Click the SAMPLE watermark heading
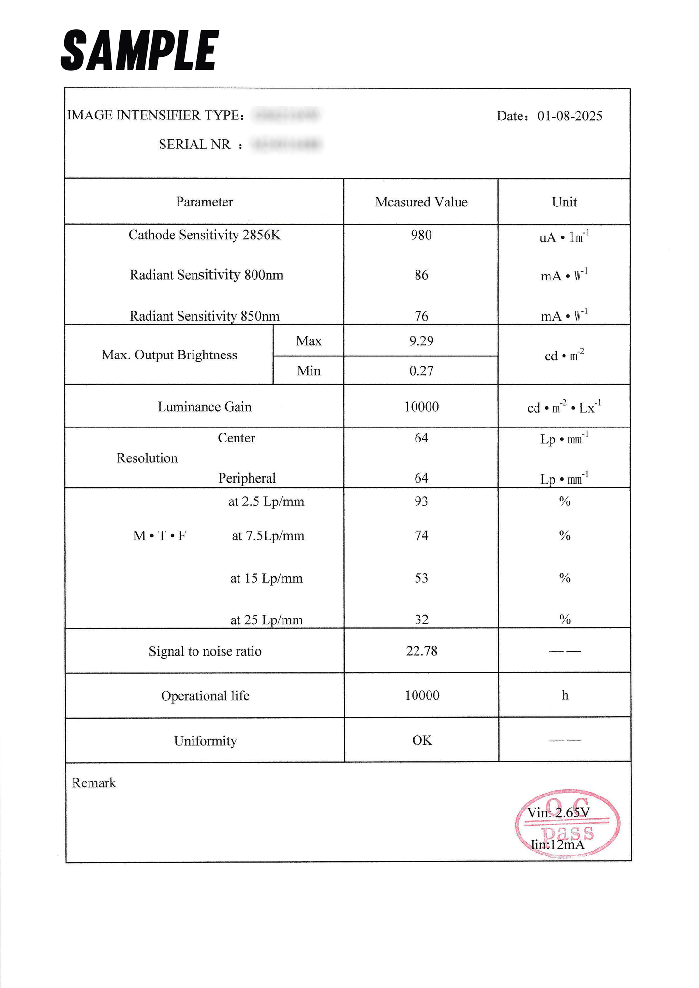[x=140, y=50]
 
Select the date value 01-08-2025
[x=569, y=116]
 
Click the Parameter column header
[x=204, y=202]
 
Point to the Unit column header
[x=564, y=202]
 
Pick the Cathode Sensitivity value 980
[x=421, y=235]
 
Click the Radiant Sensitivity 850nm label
[x=204, y=316]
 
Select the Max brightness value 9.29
[x=421, y=341]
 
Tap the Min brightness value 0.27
[x=421, y=371]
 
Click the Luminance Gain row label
[x=204, y=407]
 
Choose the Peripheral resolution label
[x=247, y=478]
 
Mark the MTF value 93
[x=421, y=501]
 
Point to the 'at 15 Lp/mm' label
[x=266, y=578]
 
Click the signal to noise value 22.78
[x=421, y=651]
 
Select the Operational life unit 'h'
[x=565, y=695]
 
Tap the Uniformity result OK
[x=422, y=740]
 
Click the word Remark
[x=94, y=783]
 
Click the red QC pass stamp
[x=567, y=824]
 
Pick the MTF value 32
[x=421, y=619]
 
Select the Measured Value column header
[x=421, y=202]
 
